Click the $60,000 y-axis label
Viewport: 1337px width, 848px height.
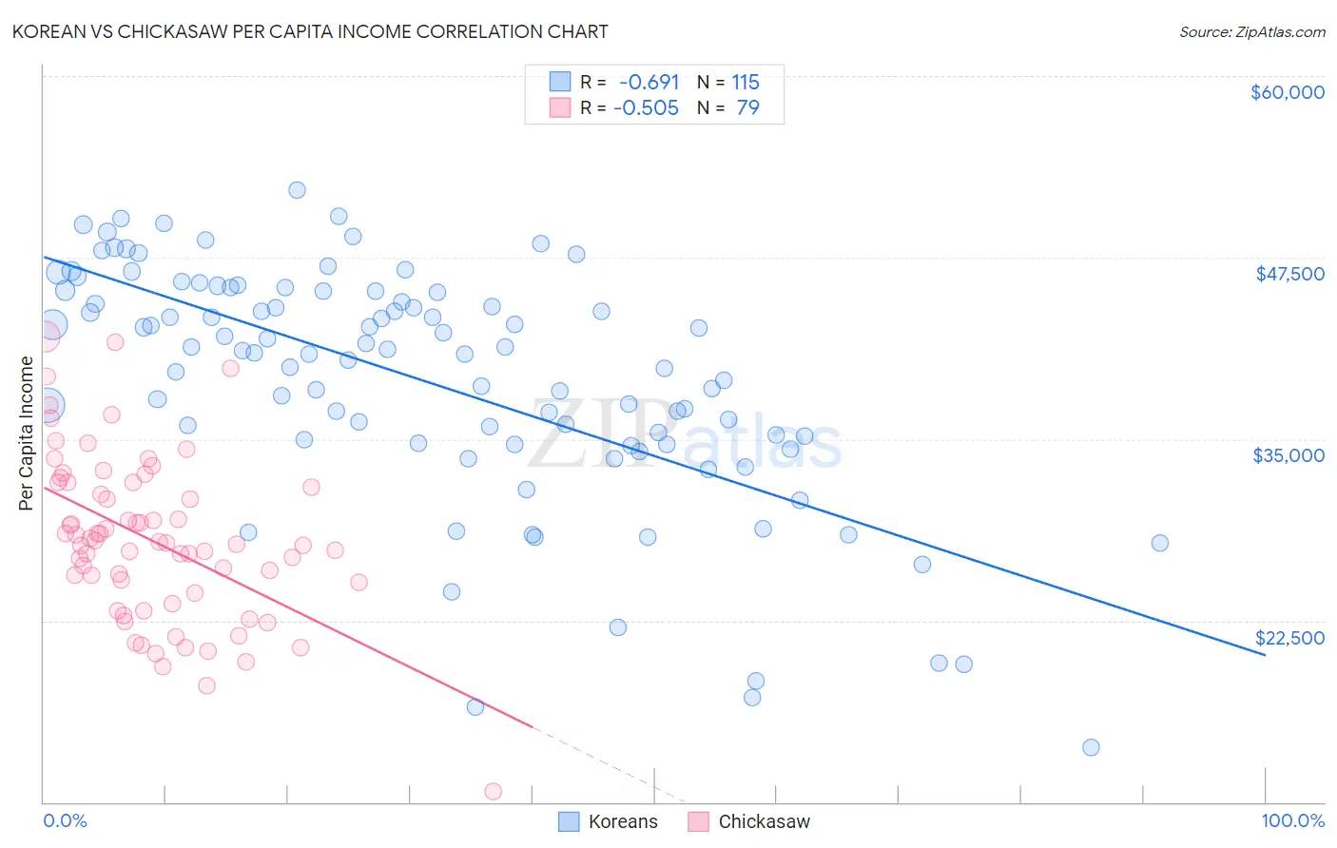(x=1287, y=92)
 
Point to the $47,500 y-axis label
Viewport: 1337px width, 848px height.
(x=1289, y=274)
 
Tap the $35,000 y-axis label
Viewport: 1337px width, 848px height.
(x=1289, y=455)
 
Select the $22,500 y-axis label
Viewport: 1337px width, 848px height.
(x=1289, y=638)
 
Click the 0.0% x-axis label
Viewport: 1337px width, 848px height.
(x=65, y=821)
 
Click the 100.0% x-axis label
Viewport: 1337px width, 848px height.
(x=1292, y=821)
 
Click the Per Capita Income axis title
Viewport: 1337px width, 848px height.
(x=26, y=433)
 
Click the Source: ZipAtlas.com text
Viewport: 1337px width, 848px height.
(x=1251, y=31)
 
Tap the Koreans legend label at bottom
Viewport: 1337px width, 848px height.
(x=623, y=822)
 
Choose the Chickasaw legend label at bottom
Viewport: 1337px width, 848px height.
(x=764, y=822)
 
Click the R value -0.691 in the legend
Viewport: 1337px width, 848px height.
(x=649, y=83)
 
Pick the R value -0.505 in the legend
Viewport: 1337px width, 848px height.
(x=646, y=108)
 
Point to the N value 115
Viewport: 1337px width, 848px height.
(x=746, y=83)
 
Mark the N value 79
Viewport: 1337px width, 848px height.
(x=747, y=108)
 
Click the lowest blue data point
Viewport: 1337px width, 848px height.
(x=1091, y=747)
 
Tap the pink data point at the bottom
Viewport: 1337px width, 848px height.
(x=493, y=791)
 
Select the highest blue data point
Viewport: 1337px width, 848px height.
(x=297, y=190)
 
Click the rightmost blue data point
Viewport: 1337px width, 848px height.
(x=1159, y=543)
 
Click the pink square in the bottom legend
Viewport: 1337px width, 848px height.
(x=698, y=822)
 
